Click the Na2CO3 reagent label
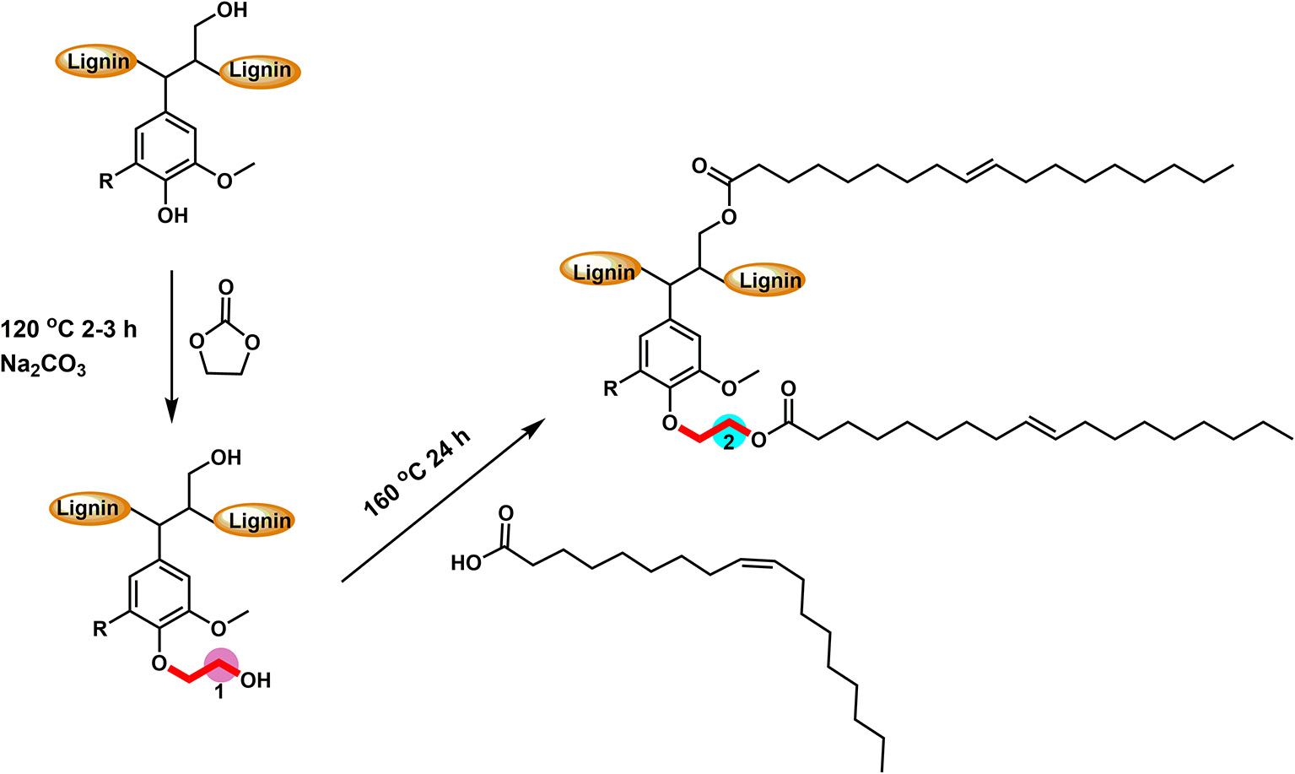tap(43, 366)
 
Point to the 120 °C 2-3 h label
tap(68, 329)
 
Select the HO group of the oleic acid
tap(466, 562)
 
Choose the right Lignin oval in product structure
tap(769, 280)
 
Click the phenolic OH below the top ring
tap(172, 216)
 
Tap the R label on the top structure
tap(106, 181)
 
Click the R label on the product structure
tap(611, 389)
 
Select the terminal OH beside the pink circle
tap(256, 680)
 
